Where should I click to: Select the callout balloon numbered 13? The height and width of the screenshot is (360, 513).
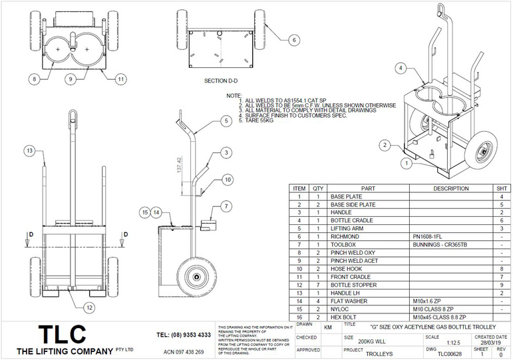coord(29,152)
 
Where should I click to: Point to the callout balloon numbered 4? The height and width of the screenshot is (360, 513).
coord(401,68)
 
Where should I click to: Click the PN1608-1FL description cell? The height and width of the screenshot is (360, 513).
coord(432,236)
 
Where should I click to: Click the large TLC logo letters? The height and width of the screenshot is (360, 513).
coord(62,334)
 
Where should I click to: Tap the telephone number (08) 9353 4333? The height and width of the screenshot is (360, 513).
coord(184,335)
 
